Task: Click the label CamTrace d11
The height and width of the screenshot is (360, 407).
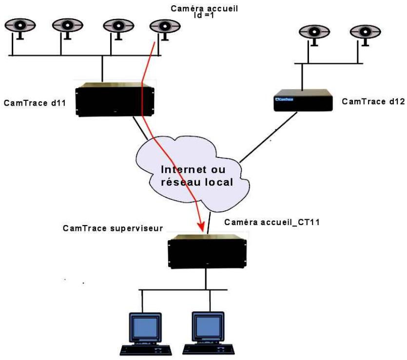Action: pos(35,103)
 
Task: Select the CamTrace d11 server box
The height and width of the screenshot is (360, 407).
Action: pos(115,99)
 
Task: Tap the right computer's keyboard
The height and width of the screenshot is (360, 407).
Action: pos(208,350)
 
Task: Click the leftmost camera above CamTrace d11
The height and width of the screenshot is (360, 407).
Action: pos(20,26)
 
